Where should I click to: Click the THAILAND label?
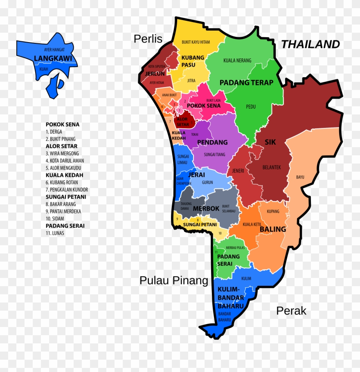[310, 44]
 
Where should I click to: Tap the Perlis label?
[148, 39]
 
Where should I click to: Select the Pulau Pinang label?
[174, 280]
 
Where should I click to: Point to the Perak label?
[291, 311]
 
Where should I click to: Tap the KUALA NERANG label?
[237, 61]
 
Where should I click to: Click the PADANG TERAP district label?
[246, 83]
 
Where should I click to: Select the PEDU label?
[251, 107]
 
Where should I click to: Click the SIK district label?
[270, 142]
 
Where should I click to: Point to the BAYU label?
[300, 177]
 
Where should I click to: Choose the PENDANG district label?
[212, 142]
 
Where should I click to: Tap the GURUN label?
[207, 182]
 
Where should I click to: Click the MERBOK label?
[206, 208]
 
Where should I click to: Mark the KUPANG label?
[273, 211]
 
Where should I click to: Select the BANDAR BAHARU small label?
[225, 316]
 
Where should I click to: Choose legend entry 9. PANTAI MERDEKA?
[63, 211]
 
